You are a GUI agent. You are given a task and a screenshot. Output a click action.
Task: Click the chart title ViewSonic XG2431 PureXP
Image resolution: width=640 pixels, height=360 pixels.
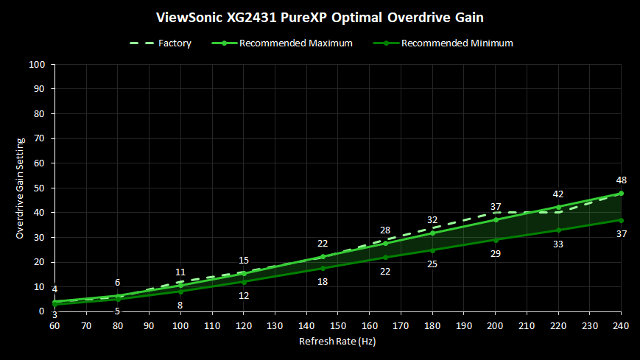(320, 15)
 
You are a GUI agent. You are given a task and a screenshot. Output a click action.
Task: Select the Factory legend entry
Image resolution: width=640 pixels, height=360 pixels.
(175, 43)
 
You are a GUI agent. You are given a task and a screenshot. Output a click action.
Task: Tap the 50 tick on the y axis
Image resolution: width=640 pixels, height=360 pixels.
(40, 188)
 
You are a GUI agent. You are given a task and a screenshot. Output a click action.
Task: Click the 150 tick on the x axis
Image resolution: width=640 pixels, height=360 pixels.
(338, 324)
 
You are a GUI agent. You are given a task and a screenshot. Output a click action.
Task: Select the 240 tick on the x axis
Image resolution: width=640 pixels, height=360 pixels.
(621, 324)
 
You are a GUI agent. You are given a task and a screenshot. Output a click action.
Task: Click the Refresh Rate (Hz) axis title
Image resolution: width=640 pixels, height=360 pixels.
(338, 341)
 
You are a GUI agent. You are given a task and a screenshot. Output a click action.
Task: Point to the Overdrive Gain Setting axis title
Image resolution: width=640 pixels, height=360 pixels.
(21, 188)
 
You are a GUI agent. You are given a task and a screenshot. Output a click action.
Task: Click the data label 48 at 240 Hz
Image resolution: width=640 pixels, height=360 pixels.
(621, 180)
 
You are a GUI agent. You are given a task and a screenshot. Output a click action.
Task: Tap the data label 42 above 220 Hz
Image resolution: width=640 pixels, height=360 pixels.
(558, 194)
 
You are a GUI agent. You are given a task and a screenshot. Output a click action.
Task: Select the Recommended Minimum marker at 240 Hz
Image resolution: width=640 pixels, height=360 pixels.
(621, 220)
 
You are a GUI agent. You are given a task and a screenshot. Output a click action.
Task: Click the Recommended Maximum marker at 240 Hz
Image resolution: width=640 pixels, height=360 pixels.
(621, 194)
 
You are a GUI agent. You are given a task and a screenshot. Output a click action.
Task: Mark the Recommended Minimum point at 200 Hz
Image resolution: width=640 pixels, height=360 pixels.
(496, 240)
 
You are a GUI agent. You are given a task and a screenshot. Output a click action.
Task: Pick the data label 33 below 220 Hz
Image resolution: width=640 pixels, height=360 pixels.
(558, 244)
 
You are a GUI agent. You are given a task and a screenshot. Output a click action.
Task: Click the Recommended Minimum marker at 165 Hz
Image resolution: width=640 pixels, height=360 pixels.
(385, 257)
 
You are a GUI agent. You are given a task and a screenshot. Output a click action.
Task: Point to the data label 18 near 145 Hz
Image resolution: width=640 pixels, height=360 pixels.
(323, 281)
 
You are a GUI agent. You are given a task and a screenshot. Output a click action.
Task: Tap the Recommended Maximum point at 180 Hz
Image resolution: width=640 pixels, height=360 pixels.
(432, 233)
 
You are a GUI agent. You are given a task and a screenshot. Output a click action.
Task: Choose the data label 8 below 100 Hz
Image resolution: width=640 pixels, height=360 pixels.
(180, 305)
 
